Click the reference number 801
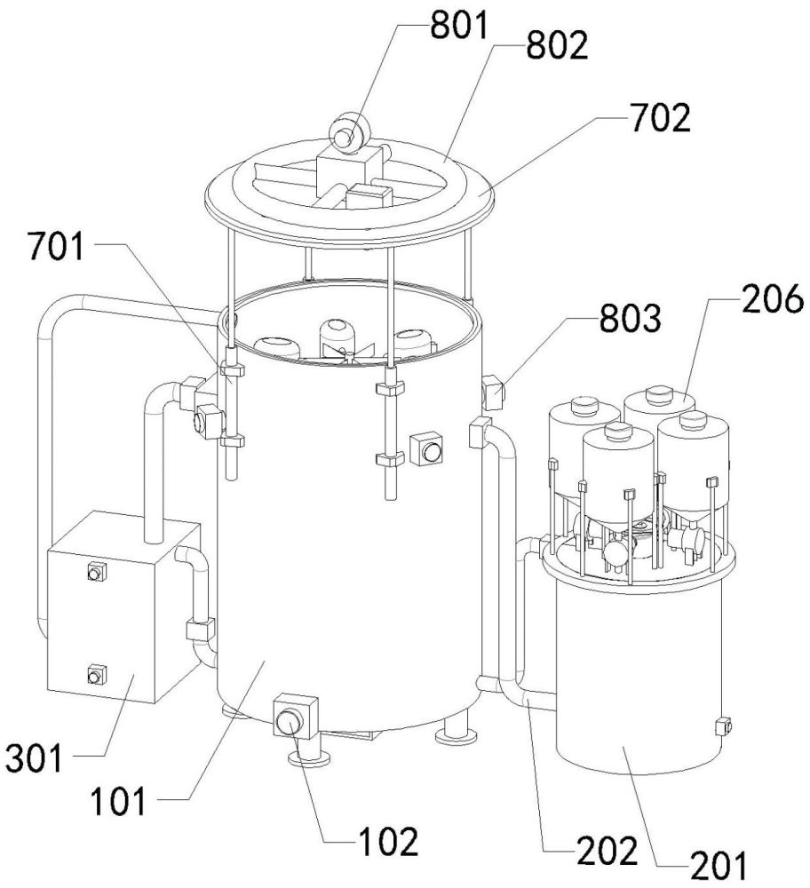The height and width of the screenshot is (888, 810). point(459,26)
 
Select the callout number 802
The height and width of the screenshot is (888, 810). point(558,45)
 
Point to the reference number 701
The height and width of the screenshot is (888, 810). point(57,247)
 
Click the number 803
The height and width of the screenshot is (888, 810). point(630,318)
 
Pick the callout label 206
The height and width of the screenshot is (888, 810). point(773,298)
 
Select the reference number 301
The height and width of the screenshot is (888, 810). point(34,758)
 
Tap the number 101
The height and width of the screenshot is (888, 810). point(118,801)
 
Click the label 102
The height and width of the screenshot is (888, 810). point(389,842)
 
